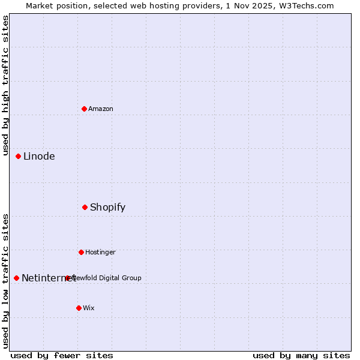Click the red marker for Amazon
(85, 109)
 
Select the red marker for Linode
(19, 156)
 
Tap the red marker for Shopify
(85, 207)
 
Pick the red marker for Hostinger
(82, 252)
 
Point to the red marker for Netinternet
(17, 278)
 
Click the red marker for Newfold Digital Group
(68, 278)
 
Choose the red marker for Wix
(79, 308)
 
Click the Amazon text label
(101, 109)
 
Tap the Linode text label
(39, 156)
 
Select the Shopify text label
(108, 207)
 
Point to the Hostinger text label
(100, 252)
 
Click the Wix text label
(89, 308)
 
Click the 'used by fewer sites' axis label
(62, 355)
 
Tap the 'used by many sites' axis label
(301, 355)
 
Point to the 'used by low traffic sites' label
(6, 281)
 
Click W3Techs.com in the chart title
(305, 5)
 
